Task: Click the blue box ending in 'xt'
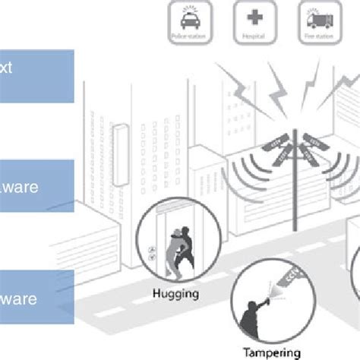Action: (36, 76)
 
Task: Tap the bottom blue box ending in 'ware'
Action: (36, 298)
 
